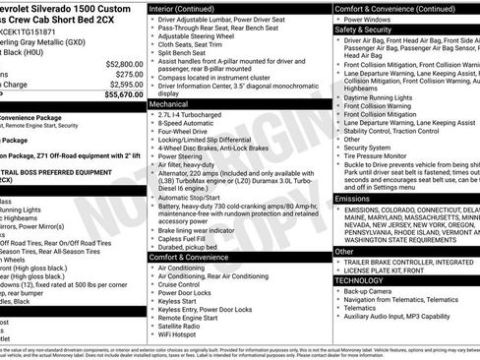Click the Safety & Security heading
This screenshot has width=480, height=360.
(x=371, y=30)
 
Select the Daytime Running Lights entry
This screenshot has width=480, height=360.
(x=388, y=97)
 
